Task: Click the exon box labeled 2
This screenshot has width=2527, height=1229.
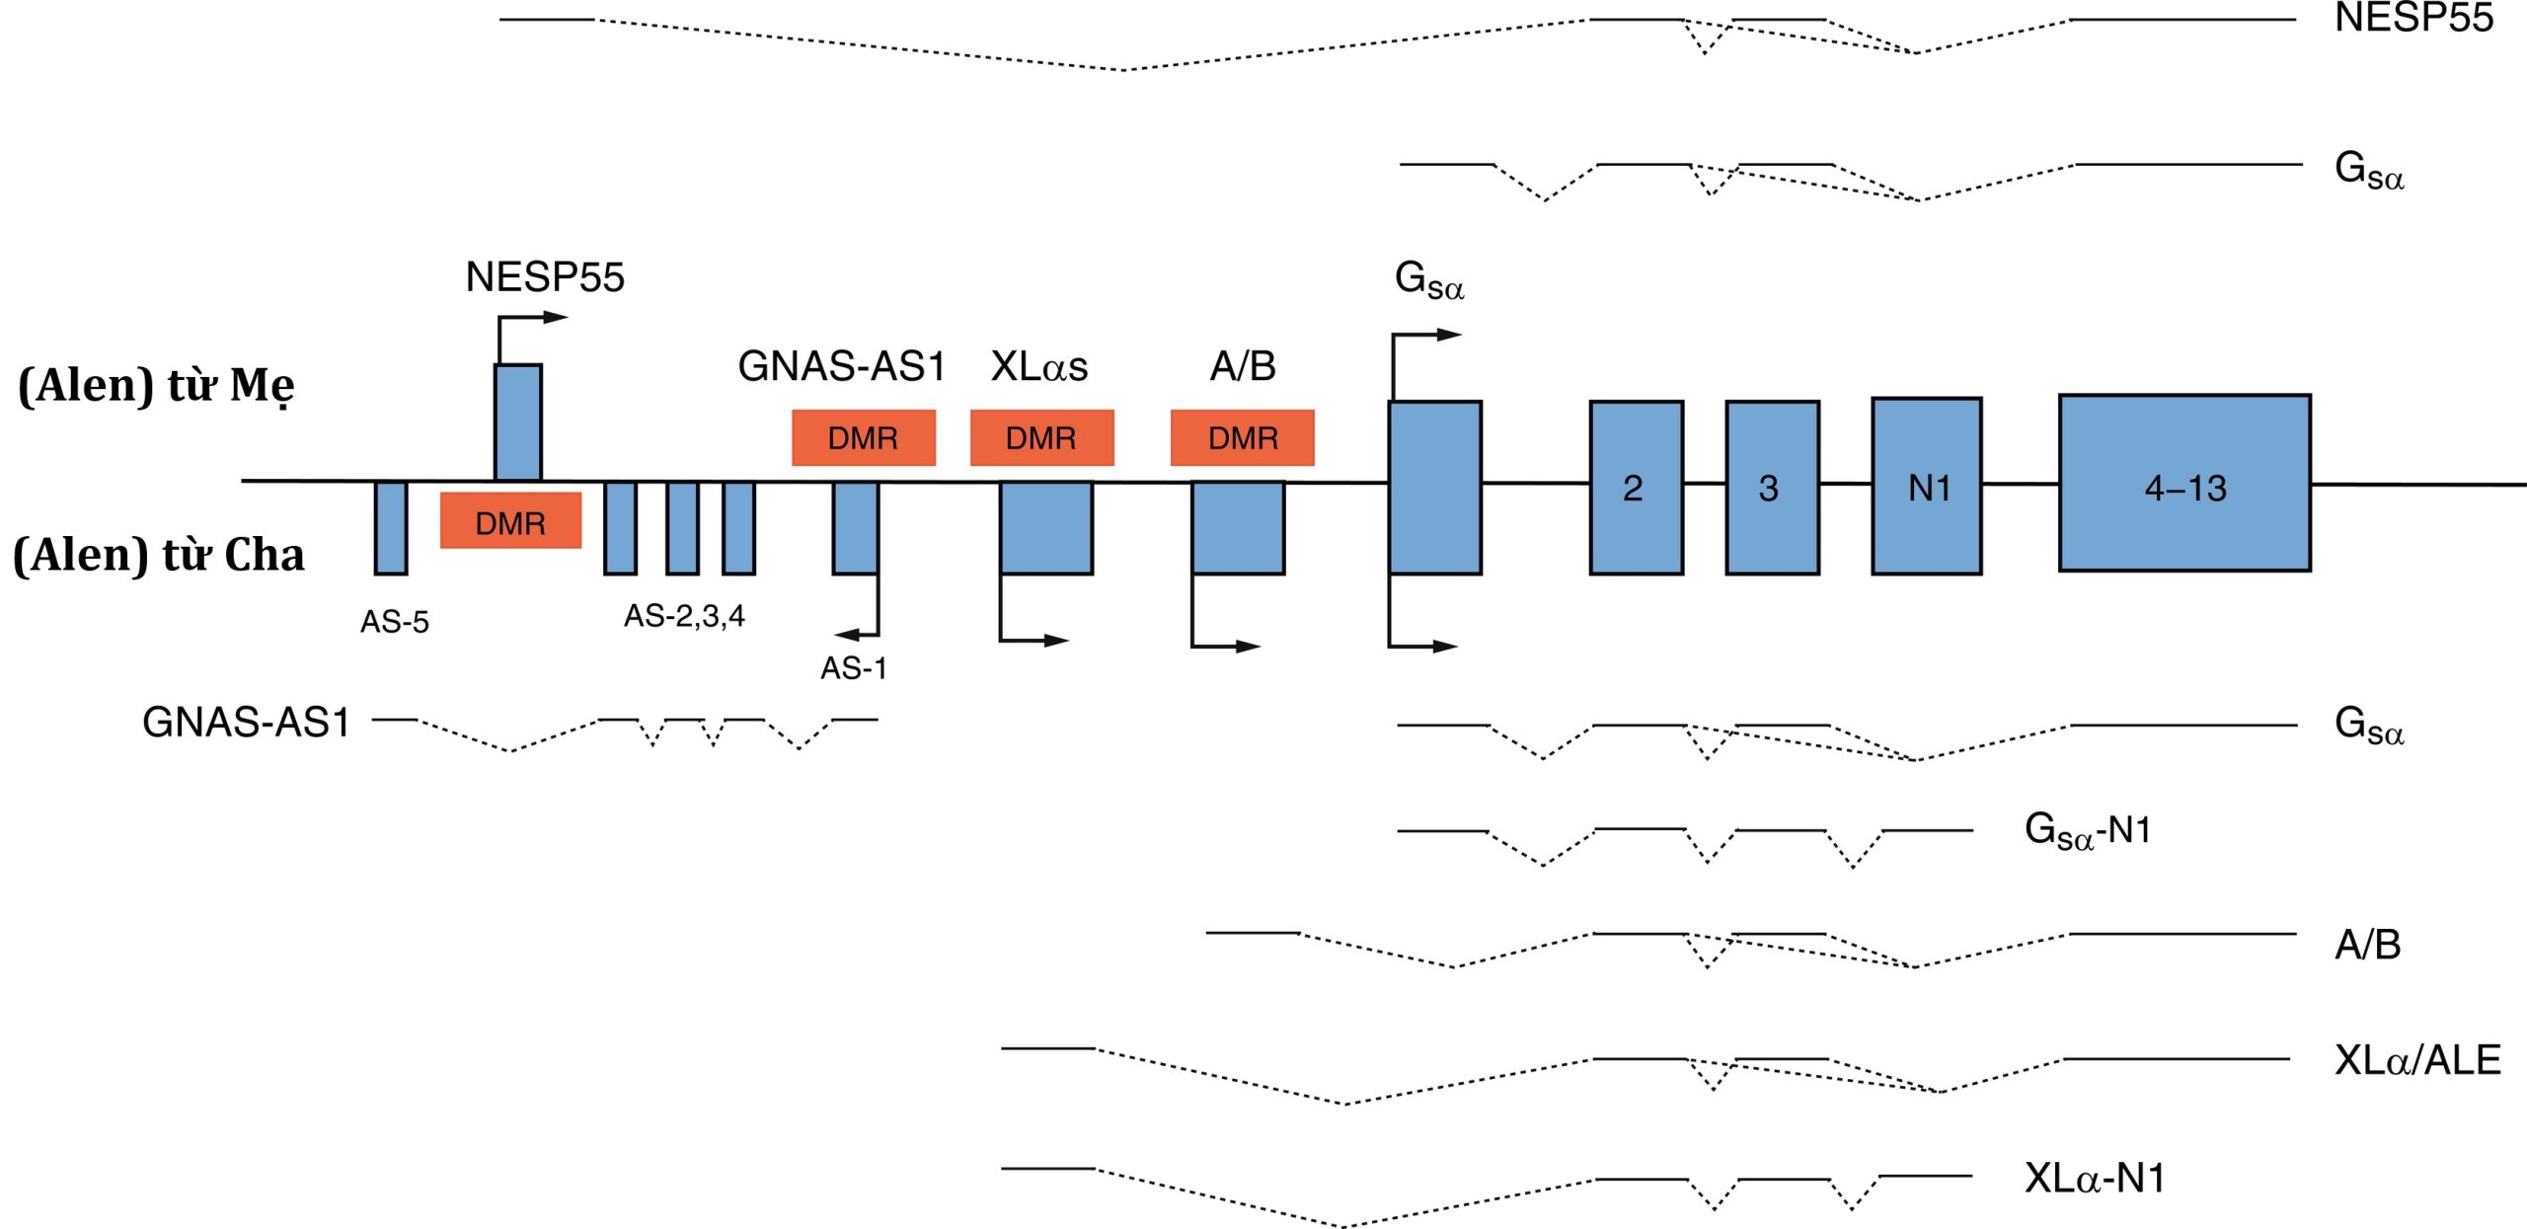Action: click(x=1636, y=488)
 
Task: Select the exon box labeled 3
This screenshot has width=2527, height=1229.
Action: click(x=1772, y=488)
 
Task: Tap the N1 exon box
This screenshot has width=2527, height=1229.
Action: click(x=1926, y=487)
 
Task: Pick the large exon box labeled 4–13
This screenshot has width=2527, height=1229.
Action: click(x=2183, y=484)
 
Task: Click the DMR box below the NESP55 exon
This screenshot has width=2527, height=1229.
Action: click(x=510, y=521)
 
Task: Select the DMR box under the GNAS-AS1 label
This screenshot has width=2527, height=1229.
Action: click(x=863, y=437)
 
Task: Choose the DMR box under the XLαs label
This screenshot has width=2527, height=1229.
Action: click(x=1041, y=437)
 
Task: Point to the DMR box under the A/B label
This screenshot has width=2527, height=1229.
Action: click(x=1242, y=437)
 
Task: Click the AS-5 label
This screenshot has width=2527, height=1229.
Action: click(x=394, y=622)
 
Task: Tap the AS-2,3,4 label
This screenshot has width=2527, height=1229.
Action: click(x=684, y=616)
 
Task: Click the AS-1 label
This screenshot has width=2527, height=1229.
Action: click(x=853, y=668)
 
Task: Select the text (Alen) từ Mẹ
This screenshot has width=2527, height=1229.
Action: click(x=156, y=385)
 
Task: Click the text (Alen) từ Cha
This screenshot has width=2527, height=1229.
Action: click(x=158, y=555)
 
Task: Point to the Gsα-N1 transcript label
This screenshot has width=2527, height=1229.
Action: click(x=2087, y=830)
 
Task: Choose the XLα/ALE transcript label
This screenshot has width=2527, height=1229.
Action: click(x=2416, y=1060)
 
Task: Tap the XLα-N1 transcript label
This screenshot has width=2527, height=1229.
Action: click(x=2094, y=1178)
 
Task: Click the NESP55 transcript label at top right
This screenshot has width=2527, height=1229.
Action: click(x=2413, y=18)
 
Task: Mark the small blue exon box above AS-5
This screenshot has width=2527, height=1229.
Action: click(x=391, y=527)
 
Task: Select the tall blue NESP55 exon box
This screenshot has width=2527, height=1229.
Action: click(x=518, y=422)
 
